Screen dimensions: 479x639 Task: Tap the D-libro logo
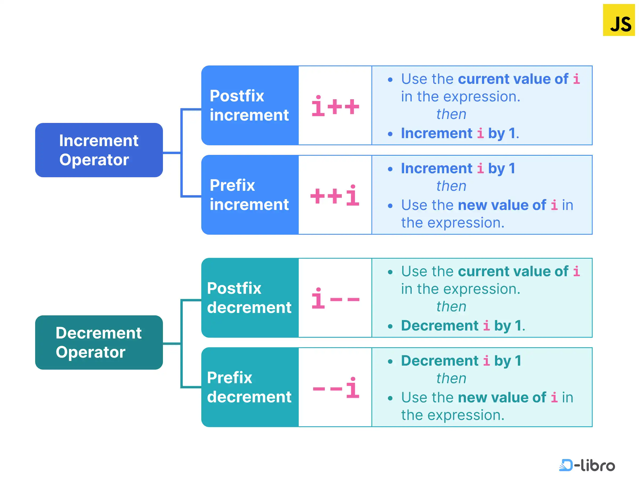(587, 465)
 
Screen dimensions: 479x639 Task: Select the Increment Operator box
(99, 150)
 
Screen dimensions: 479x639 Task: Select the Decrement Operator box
(99, 342)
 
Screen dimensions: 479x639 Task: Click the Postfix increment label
(249, 105)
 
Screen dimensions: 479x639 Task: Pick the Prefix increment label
(249, 195)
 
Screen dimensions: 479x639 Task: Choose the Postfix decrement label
(249, 298)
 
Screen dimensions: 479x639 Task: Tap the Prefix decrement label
(249, 387)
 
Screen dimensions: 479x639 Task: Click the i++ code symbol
(335, 106)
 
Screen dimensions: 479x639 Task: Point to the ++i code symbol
(335, 196)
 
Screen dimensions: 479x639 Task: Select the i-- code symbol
(335, 299)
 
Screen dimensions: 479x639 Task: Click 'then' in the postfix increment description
(451, 114)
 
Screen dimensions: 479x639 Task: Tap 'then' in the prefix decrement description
(451, 378)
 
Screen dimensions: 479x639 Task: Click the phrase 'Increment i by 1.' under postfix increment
(460, 133)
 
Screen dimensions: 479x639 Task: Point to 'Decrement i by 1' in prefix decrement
(461, 361)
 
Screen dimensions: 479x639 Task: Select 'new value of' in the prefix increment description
(502, 205)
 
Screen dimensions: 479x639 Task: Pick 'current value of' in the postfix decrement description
(513, 271)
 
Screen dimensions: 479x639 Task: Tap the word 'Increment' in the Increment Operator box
(99, 141)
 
